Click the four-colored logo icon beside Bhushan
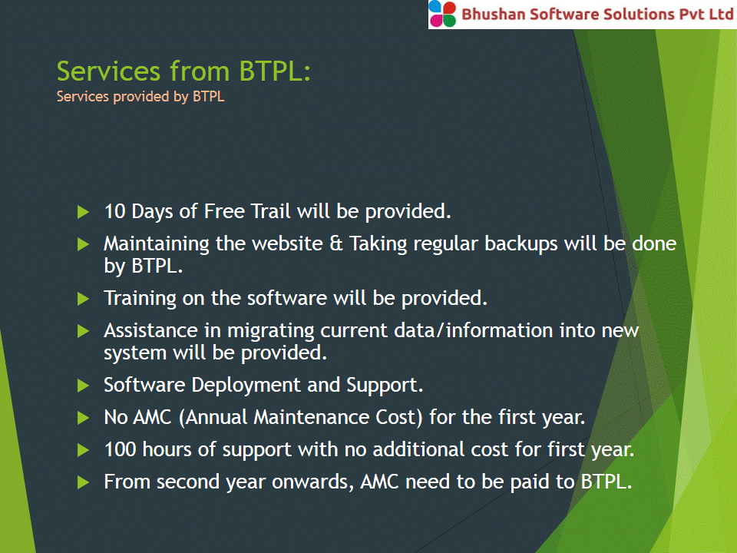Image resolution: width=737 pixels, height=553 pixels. (x=442, y=14)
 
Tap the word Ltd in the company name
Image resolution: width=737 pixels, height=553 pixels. (x=722, y=14)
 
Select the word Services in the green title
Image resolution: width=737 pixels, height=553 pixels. (x=108, y=71)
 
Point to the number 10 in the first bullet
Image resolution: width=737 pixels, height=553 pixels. (x=114, y=212)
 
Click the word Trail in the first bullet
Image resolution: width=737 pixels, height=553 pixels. (x=271, y=212)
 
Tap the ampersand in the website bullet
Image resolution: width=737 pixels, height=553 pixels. (x=336, y=244)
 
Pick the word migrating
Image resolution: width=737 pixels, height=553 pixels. (x=271, y=331)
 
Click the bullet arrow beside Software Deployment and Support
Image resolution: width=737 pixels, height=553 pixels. (x=83, y=386)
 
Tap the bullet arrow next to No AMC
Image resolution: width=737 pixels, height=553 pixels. (x=83, y=418)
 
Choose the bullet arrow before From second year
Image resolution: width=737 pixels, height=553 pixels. (x=83, y=482)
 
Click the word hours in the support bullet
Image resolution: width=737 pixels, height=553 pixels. (x=167, y=449)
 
